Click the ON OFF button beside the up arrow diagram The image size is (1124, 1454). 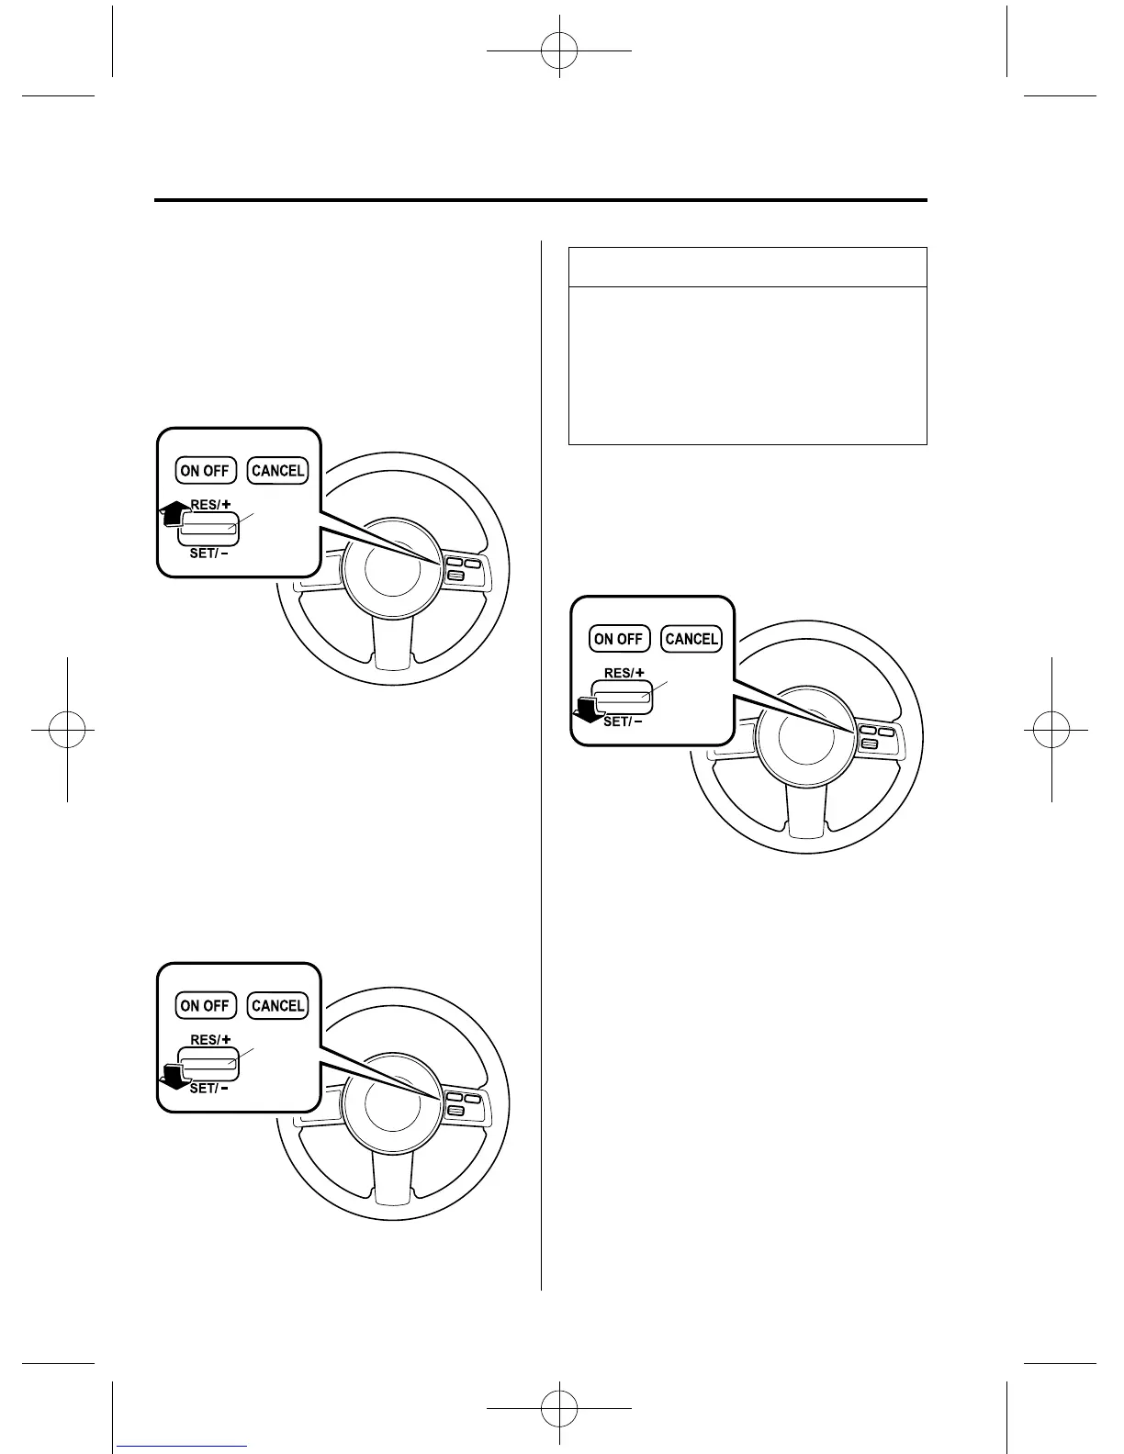pyautogui.click(x=205, y=471)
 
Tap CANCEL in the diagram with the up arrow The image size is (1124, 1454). pyautogui.click(x=277, y=471)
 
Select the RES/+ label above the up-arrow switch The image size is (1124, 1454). pyautogui.click(x=210, y=504)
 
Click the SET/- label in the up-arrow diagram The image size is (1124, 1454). pyautogui.click(x=210, y=554)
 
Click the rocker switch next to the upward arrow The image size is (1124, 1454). pyautogui.click(x=209, y=527)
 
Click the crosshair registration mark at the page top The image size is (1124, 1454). pyautogui.click(x=558, y=50)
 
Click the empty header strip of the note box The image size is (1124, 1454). pyautogui.click(x=747, y=267)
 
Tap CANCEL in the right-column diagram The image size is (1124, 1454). pyautogui.click(x=691, y=639)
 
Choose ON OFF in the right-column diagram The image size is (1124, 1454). pyautogui.click(x=618, y=639)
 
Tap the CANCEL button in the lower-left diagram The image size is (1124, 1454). pyautogui.click(x=277, y=1006)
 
